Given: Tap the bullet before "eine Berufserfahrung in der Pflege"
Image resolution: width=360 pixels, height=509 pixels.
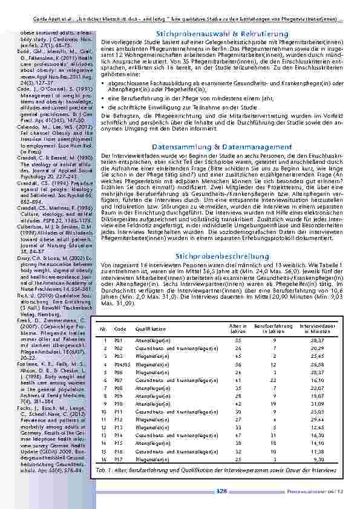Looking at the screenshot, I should coord(104,97).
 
